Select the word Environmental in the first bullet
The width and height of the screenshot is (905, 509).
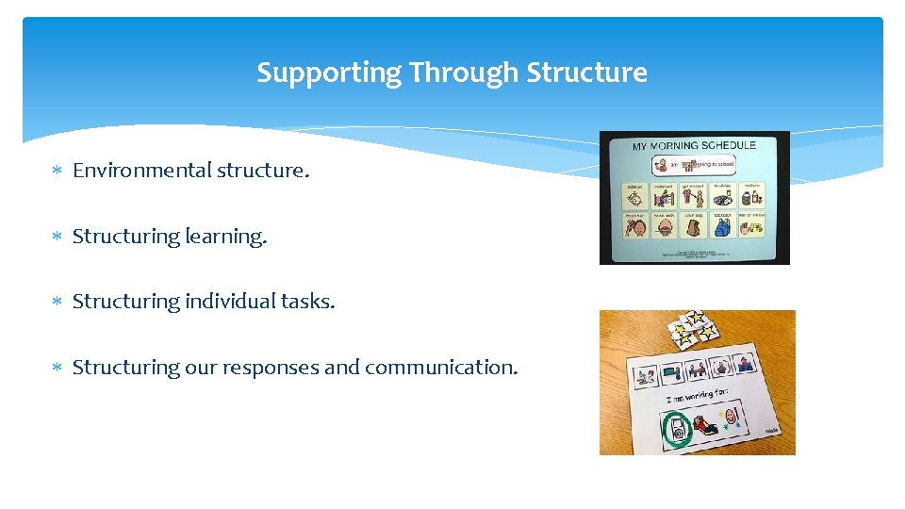tap(142, 171)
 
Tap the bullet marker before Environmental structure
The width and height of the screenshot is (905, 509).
tap(57, 172)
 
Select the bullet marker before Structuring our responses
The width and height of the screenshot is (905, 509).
tap(57, 369)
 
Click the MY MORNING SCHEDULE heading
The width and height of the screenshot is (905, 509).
tap(694, 146)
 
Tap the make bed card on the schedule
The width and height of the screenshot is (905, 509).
tap(664, 196)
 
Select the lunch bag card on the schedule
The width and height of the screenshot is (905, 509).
tap(693, 227)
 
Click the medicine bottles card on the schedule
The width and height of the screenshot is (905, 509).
tap(751, 196)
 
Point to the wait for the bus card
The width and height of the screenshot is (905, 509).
tap(751, 227)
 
